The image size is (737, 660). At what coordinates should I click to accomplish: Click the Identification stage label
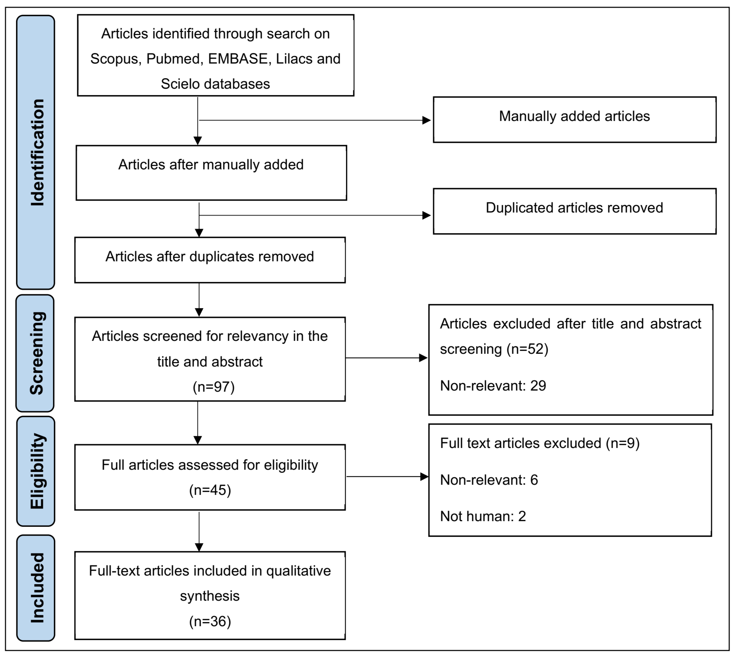tap(36, 152)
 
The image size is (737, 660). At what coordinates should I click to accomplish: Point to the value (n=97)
tap(214, 387)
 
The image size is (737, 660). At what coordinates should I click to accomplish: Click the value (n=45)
tap(210, 490)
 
